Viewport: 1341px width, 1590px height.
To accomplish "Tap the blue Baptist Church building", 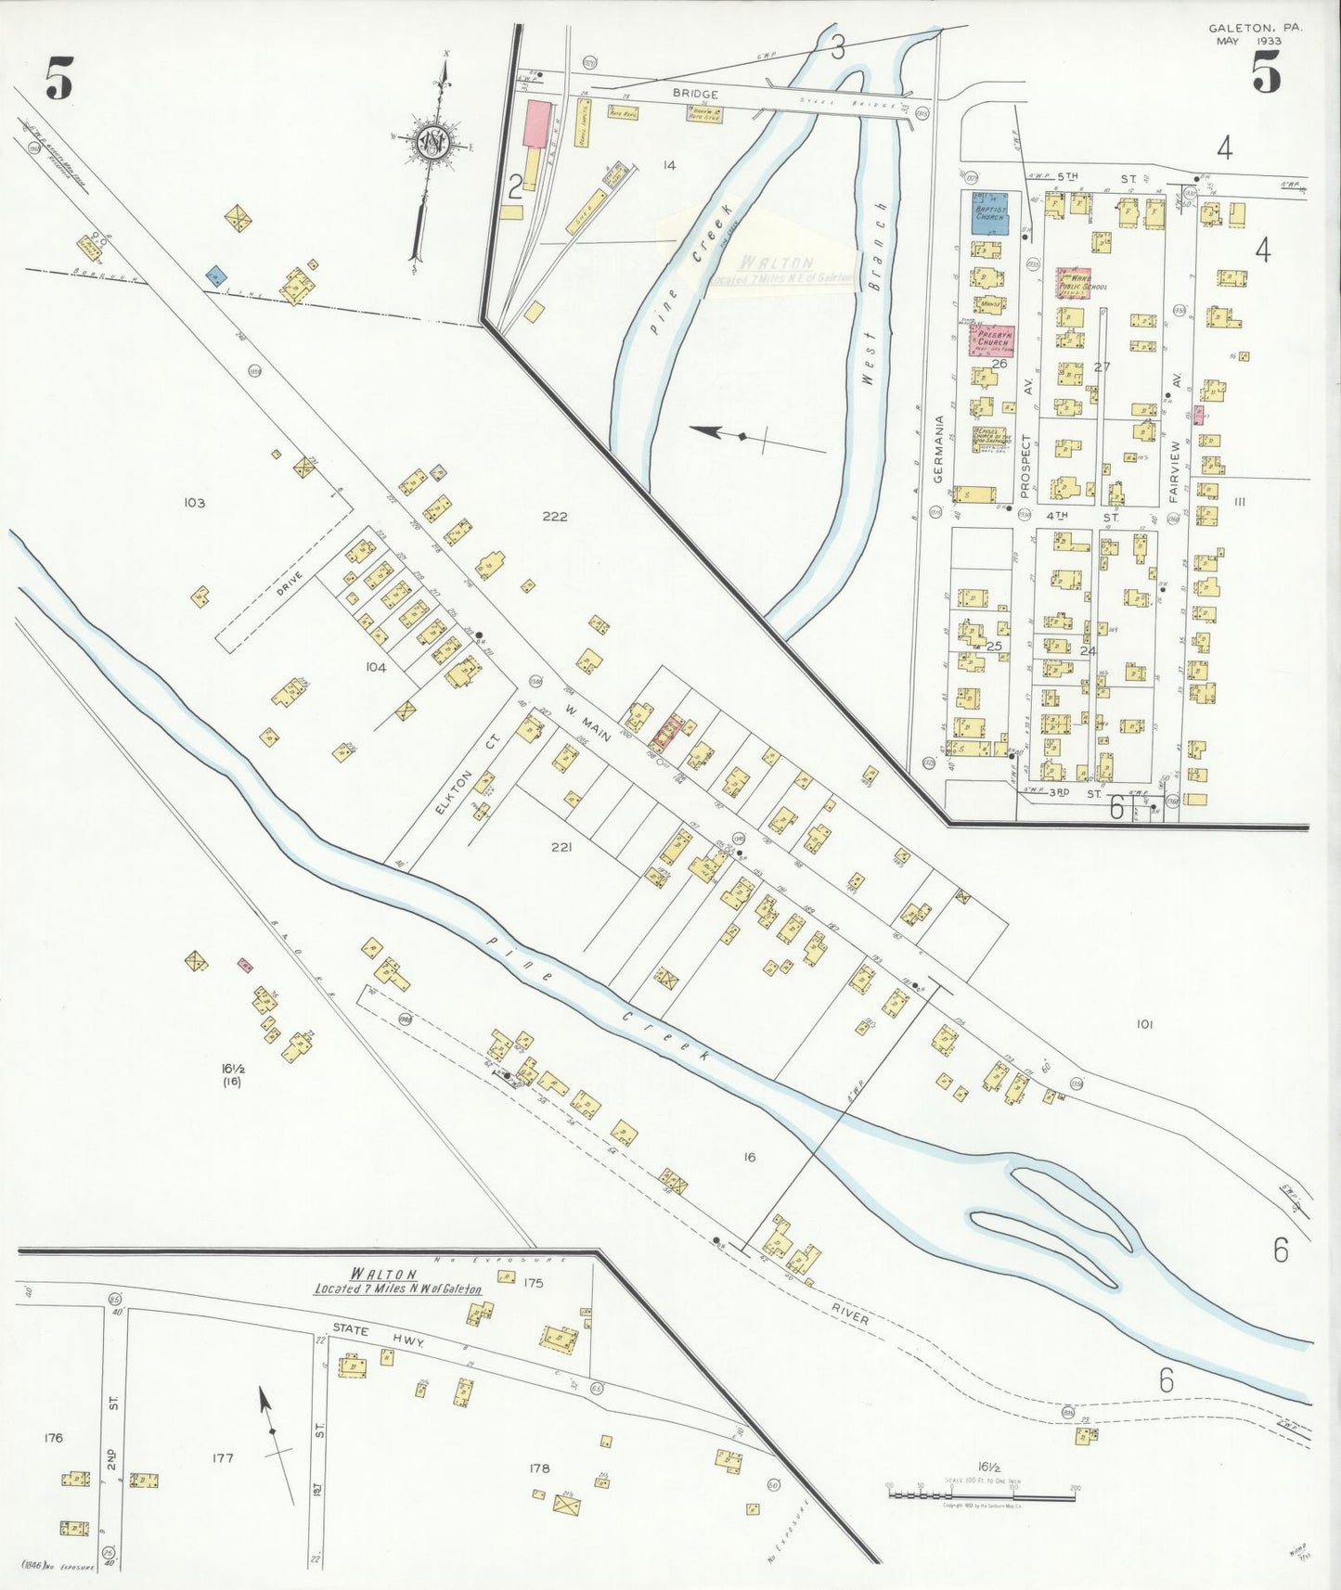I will (990, 212).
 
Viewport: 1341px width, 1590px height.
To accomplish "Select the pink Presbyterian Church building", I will (991, 341).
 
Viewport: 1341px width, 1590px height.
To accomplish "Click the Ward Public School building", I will (1074, 283).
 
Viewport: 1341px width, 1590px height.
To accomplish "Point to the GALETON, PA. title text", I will (1255, 29).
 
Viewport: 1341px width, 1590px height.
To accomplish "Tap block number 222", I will (555, 517).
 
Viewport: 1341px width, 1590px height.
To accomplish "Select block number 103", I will (194, 503).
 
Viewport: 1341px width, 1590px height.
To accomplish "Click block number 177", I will (222, 1458).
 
